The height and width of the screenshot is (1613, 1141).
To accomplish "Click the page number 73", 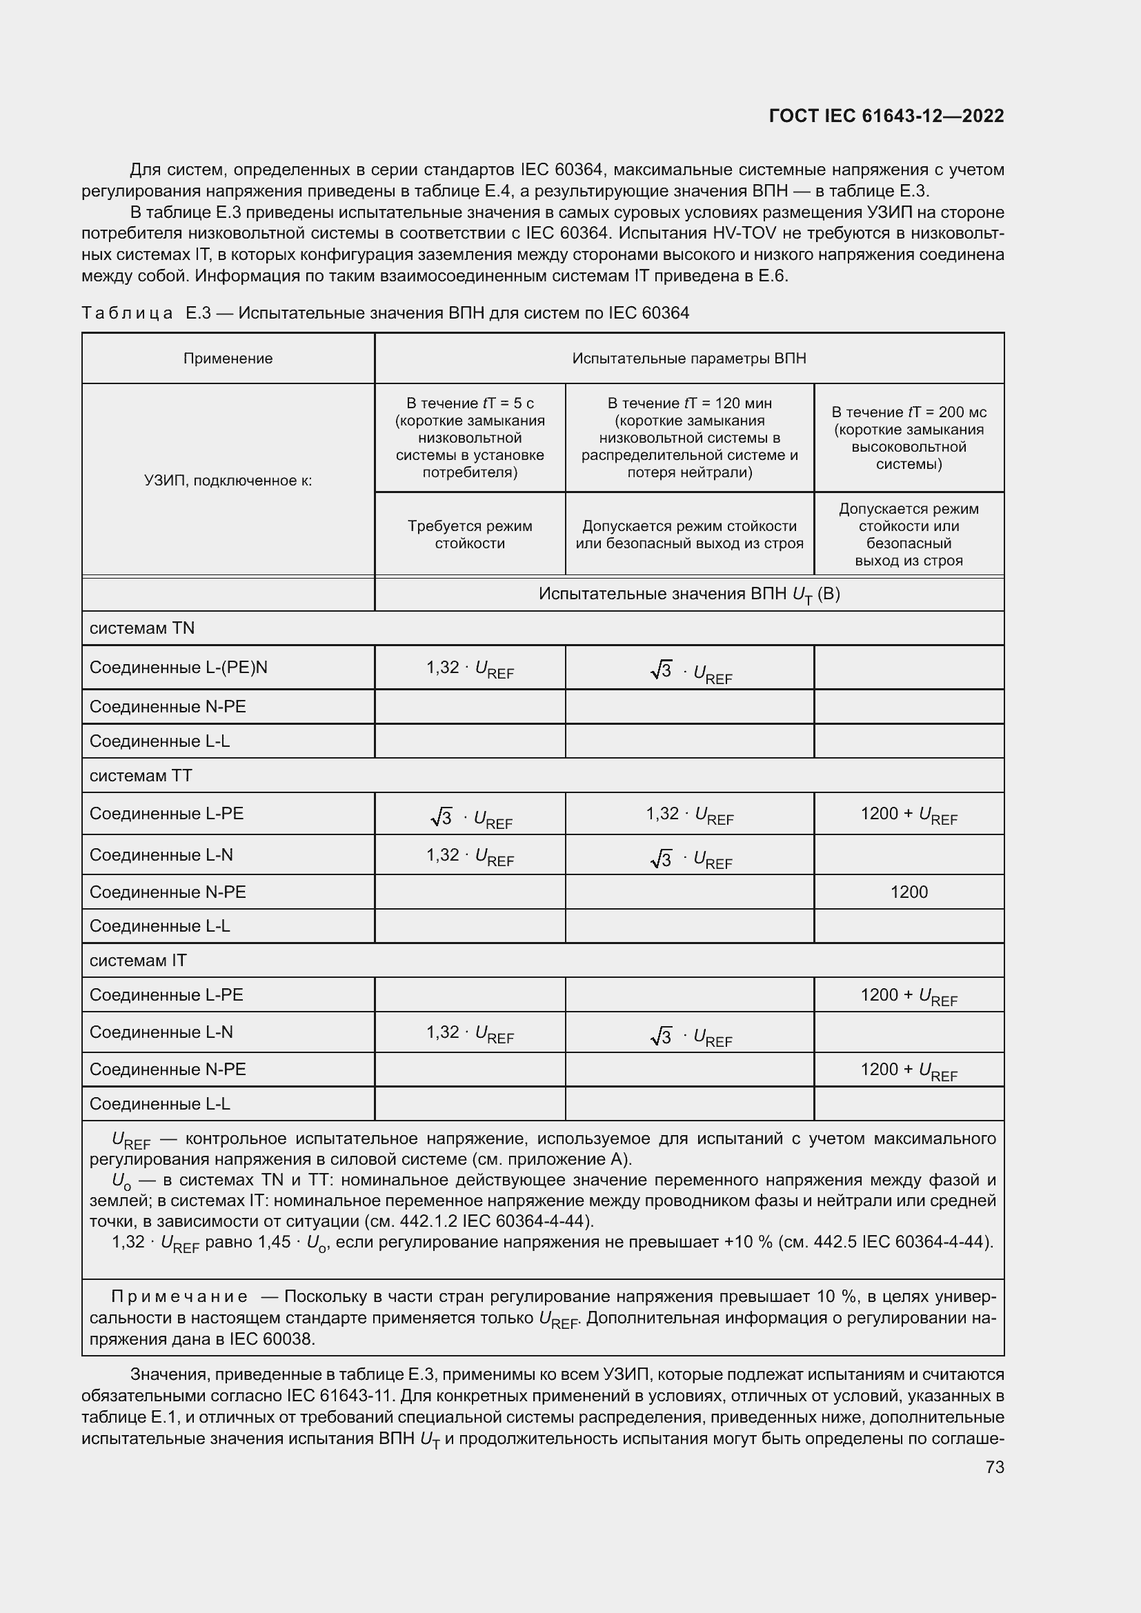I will coord(994,1467).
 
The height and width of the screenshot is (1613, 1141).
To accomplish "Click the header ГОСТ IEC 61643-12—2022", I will coord(886,117).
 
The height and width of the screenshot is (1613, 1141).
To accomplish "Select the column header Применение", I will coord(228,359).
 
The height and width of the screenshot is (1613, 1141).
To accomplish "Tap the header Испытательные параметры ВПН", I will coord(688,359).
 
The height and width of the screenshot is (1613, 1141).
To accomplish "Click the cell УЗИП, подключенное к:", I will coord(228,481).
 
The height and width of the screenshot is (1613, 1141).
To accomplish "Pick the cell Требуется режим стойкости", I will coord(469,534).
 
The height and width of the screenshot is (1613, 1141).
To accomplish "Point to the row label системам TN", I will coord(142,629).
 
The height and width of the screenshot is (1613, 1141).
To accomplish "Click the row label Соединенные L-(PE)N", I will coord(179,668).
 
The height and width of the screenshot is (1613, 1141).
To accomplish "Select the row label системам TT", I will coord(141,777).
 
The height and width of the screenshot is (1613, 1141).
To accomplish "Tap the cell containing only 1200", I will coord(909,892).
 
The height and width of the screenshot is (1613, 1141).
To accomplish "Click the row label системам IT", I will coord(138,961).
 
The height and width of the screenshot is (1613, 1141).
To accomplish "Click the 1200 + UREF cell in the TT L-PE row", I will coord(909,815).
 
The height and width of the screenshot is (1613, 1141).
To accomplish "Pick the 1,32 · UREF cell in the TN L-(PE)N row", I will coord(469,669).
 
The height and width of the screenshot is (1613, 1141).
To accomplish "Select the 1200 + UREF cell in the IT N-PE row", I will coord(909,1071).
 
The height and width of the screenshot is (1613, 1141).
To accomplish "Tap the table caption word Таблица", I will coord(127,313).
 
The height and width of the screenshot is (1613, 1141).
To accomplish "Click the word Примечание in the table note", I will coord(179,1297).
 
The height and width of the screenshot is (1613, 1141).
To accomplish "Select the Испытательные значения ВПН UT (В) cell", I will coord(688,595).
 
